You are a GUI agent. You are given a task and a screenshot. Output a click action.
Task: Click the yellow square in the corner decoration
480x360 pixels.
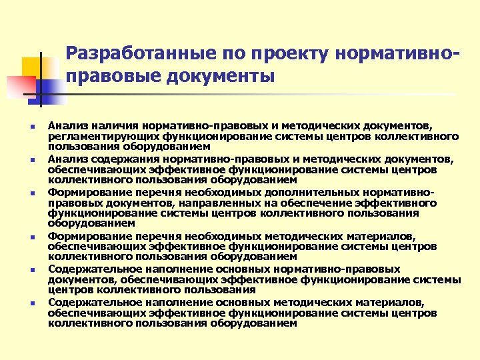(34, 67)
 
